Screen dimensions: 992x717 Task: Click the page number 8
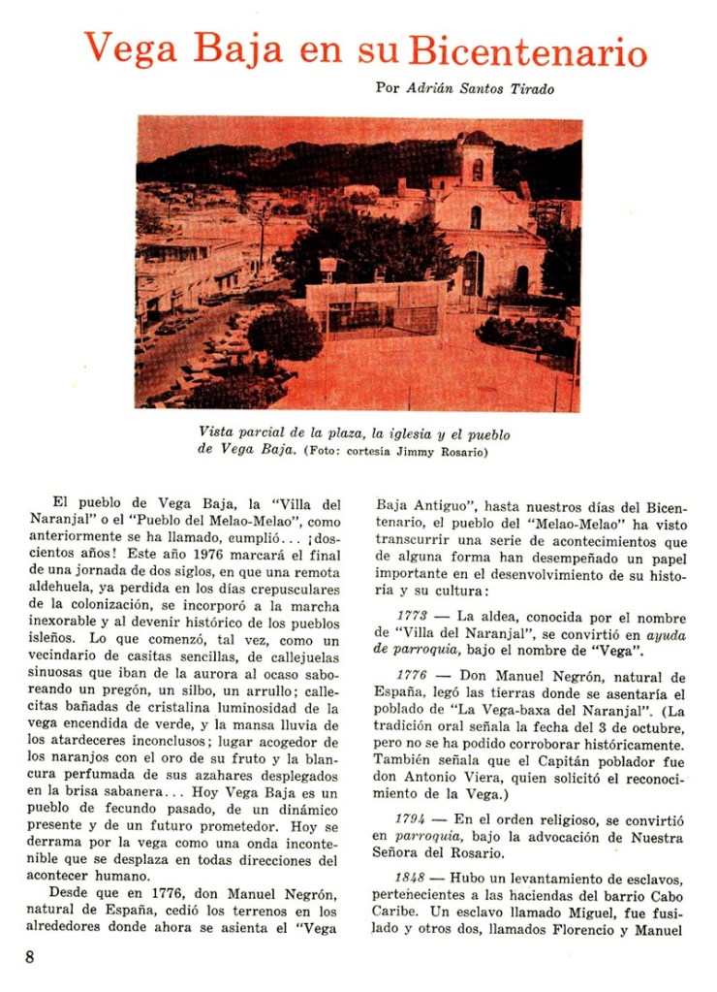click(x=30, y=957)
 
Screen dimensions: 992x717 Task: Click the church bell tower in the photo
click(x=476, y=159)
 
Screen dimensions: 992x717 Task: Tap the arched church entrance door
click(x=473, y=273)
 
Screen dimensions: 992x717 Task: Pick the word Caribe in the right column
click(x=396, y=912)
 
